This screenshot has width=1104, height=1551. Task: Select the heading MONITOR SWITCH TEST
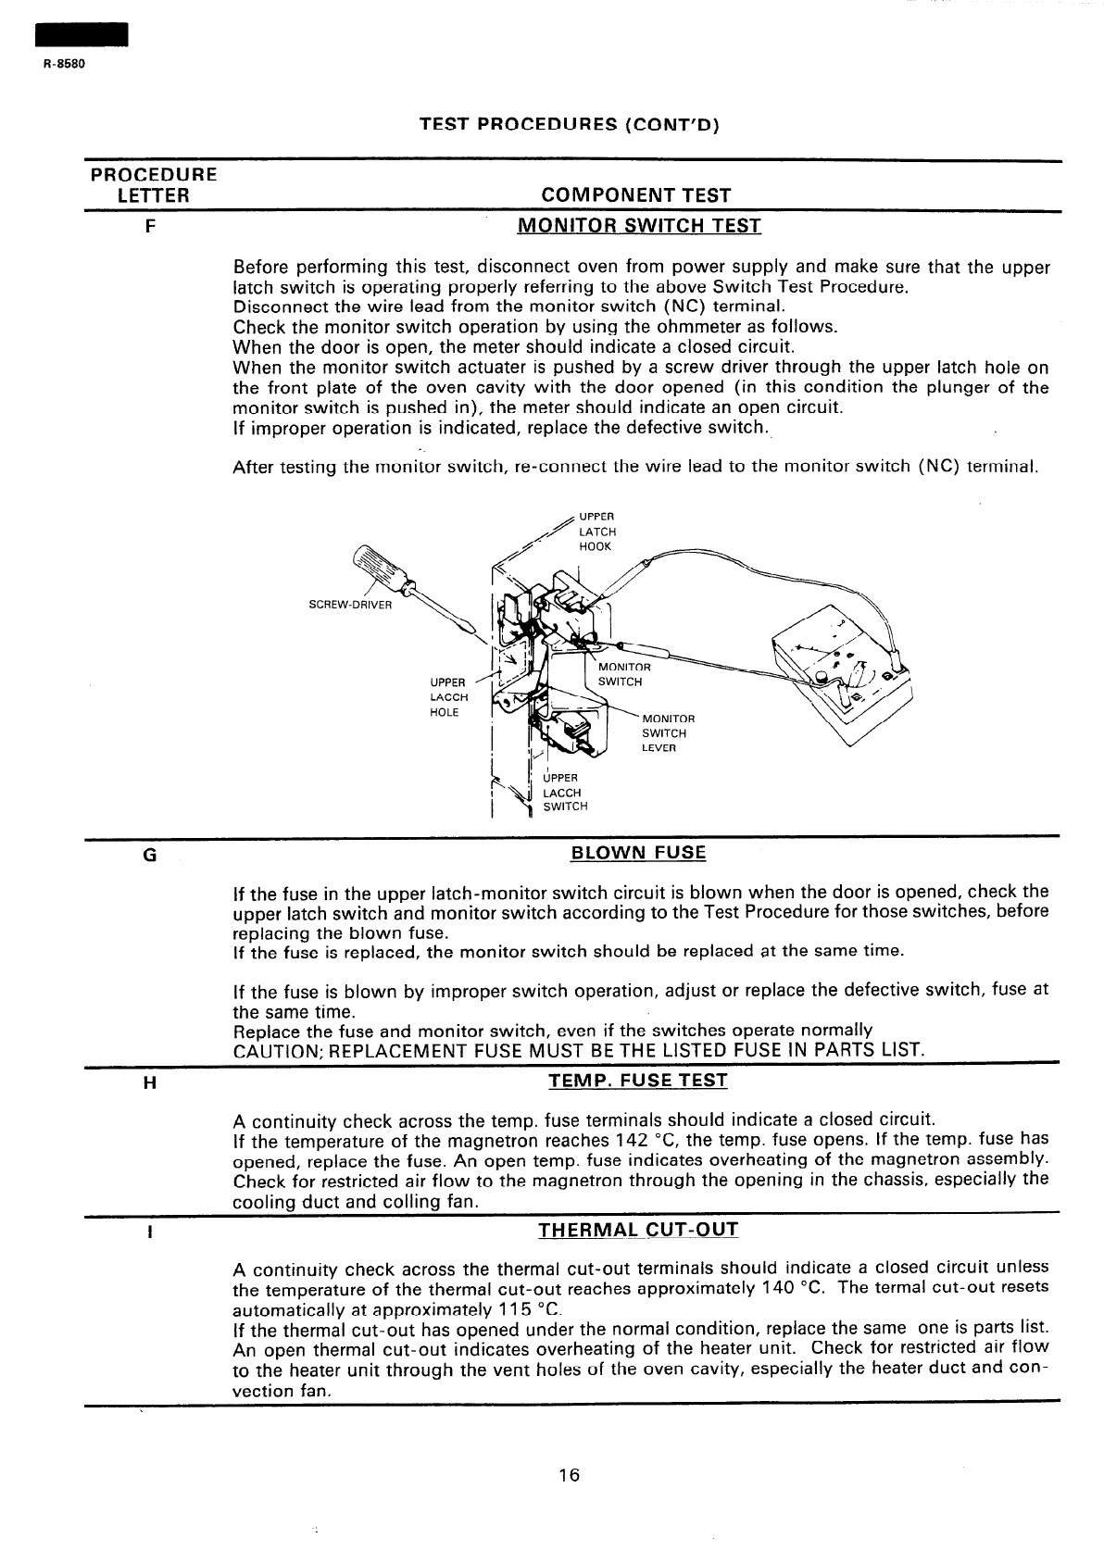tap(638, 226)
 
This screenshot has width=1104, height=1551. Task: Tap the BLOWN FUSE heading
tap(638, 853)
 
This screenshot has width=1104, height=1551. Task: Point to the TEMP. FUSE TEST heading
tap(638, 1081)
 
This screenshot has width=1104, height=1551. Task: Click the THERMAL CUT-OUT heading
tap(638, 1231)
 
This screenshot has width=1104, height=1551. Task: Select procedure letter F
tap(149, 226)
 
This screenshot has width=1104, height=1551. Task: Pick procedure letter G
tap(149, 855)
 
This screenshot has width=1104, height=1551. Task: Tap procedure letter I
tap(149, 1233)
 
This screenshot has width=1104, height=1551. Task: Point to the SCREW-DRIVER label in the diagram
tap(350, 606)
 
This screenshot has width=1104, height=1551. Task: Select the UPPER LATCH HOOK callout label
tap(596, 532)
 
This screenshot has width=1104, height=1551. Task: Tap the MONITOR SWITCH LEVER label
tap(668, 732)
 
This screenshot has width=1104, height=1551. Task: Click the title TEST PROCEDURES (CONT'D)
tap(570, 124)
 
